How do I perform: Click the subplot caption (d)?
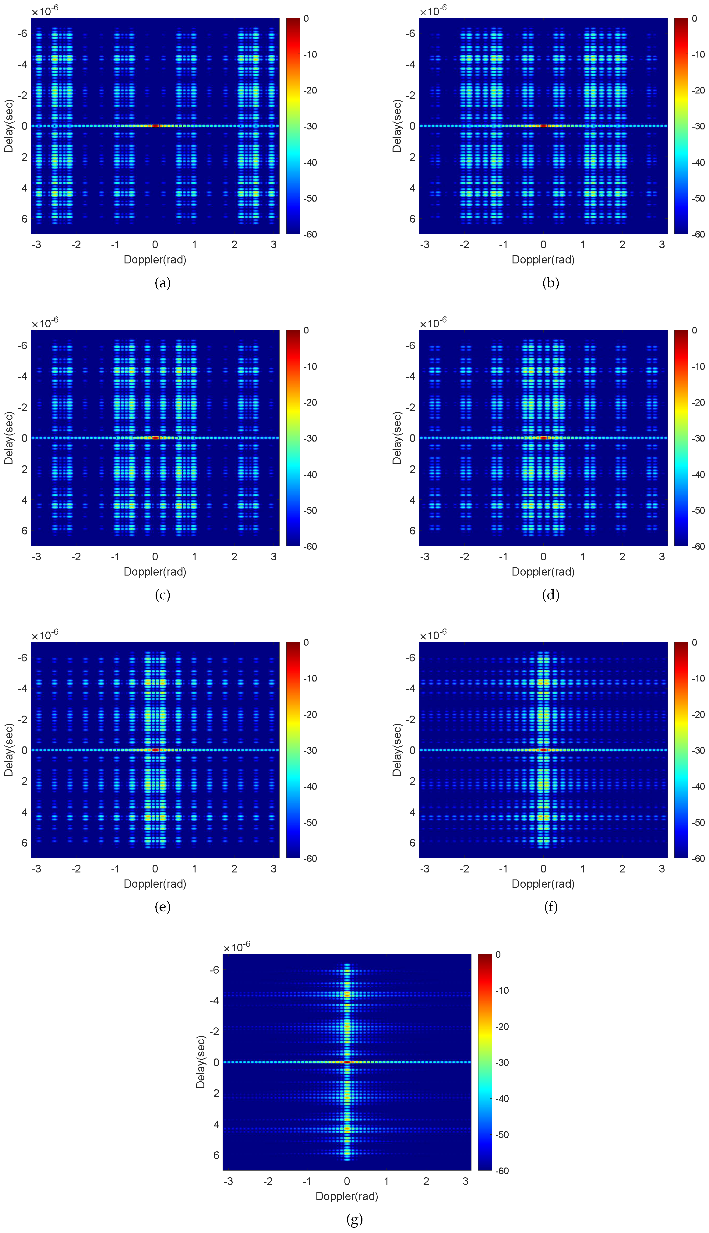coord(550,595)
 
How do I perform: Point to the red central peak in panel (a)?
coord(155,125)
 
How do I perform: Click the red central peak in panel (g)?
coord(347,1062)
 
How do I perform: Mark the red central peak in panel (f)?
coord(543,750)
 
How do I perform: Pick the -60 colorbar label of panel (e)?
coord(310,858)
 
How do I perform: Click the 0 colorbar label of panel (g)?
coord(498,954)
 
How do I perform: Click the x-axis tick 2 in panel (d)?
coord(622,556)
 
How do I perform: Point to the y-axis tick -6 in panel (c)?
coord(23,346)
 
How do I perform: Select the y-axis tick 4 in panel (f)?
coord(412,812)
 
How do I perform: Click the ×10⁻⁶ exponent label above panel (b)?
coord(433,11)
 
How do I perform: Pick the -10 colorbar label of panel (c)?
coord(310,366)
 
